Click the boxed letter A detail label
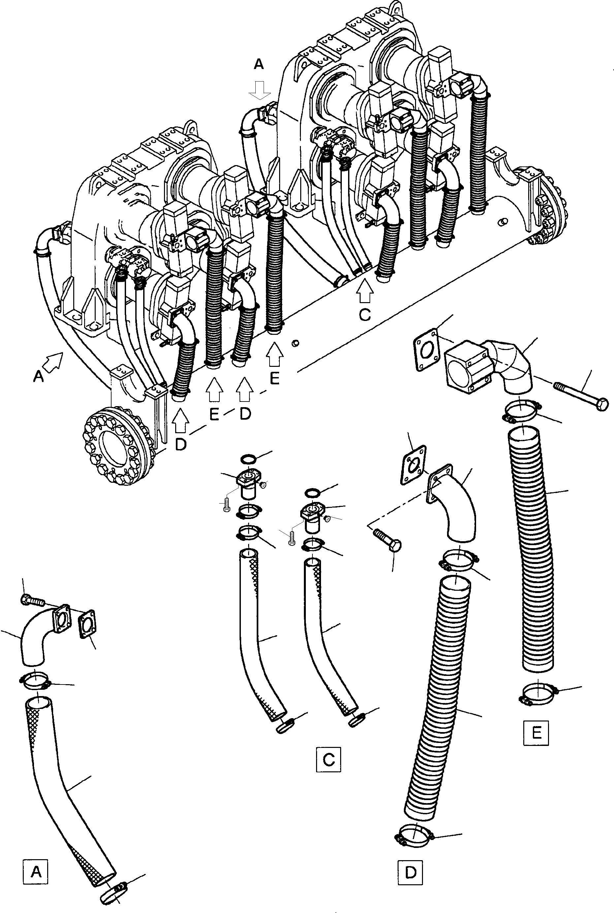click(x=36, y=872)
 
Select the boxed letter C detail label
click(x=328, y=760)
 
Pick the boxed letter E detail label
click(x=536, y=732)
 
